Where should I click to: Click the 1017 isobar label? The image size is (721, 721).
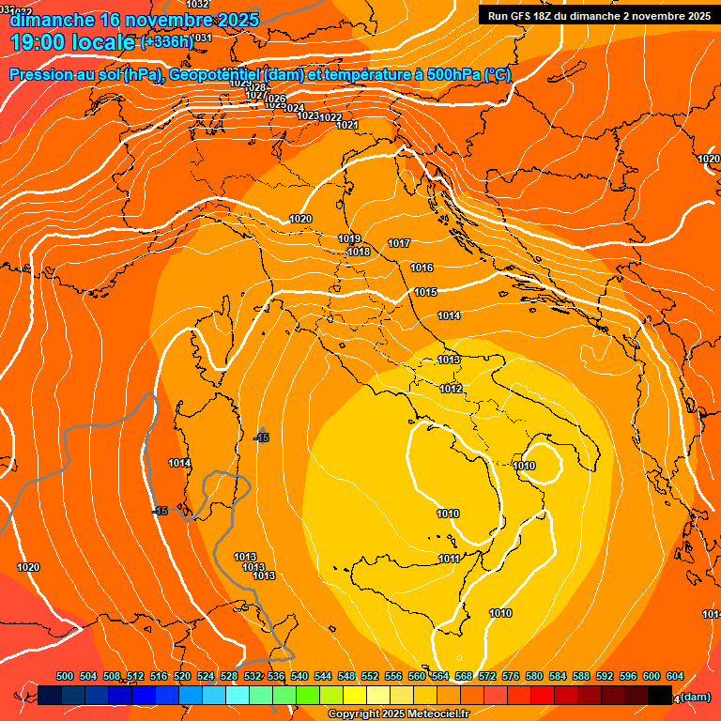(x=399, y=244)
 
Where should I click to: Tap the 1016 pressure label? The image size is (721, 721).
(x=422, y=268)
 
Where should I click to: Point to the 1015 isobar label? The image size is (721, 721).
(x=425, y=292)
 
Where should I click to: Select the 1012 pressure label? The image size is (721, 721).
(x=451, y=389)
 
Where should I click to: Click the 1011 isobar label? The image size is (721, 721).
(x=449, y=559)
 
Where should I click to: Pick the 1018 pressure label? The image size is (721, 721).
(x=359, y=252)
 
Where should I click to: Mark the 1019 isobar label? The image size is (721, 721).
(x=349, y=238)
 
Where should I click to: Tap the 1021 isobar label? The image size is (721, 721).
(x=347, y=125)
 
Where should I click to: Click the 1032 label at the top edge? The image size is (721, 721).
(x=198, y=5)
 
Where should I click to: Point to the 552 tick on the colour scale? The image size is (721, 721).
(x=370, y=676)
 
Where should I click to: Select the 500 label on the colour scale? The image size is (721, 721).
(x=65, y=676)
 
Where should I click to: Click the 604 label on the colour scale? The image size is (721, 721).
(x=674, y=676)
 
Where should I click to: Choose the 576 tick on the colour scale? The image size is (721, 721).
(x=511, y=676)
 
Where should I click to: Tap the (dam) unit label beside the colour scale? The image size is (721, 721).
(x=695, y=697)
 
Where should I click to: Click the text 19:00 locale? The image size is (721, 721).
(x=71, y=41)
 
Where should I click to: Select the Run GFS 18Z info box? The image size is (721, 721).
(x=595, y=16)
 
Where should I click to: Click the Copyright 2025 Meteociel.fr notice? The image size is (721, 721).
(x=398, y=714)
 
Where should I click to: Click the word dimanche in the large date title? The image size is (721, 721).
(x=52, y=19)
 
